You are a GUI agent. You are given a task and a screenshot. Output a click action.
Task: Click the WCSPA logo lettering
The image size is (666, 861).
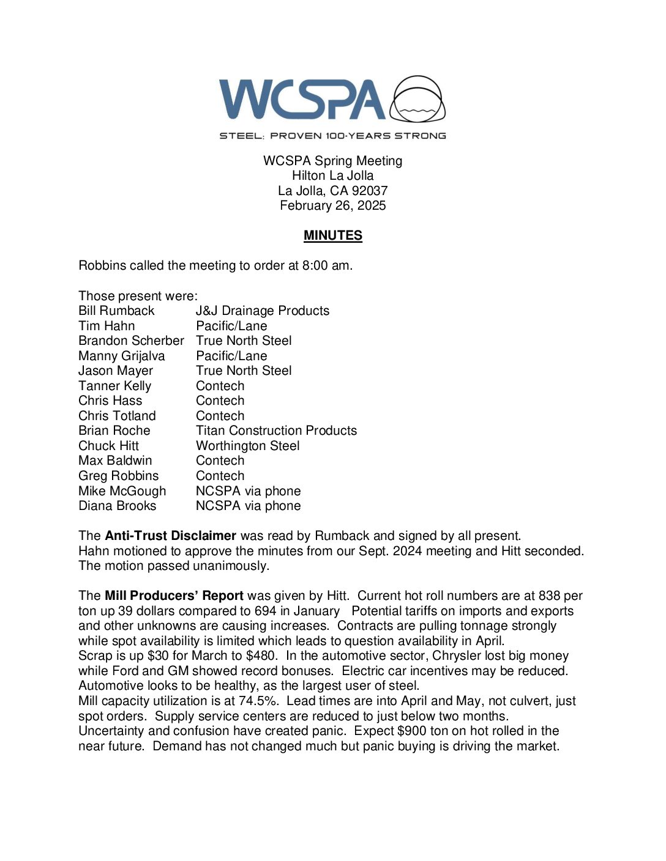click(x=302, y=99)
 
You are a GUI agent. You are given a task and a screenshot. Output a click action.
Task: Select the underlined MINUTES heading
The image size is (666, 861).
click(x=333, y=235)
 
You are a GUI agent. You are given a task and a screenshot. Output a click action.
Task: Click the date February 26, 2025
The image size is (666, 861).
click(x=333, y=205)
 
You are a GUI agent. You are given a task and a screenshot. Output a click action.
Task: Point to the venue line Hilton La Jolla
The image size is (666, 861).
click(x=333, y=176)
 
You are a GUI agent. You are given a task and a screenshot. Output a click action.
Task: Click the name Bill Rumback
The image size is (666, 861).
click(x=116, y=311)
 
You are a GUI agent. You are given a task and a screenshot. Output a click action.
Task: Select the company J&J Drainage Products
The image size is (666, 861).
click(x=263, y=311)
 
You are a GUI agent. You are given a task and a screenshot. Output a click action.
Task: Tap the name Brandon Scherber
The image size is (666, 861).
click(x=131, y=341)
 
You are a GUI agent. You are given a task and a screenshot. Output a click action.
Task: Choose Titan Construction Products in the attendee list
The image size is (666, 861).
click(x=276, y=430)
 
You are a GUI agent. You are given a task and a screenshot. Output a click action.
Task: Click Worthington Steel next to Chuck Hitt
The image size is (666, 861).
click(x=248, y=446)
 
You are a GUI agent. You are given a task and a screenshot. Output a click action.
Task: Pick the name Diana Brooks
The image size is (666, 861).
click(x=118, y=506)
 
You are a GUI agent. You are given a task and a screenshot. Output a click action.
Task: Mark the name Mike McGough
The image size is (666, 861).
click(x=122, y=491)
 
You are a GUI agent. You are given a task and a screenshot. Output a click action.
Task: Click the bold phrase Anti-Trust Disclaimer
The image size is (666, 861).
click(x=170, y=536)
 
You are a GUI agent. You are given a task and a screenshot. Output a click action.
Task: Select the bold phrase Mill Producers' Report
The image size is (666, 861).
click(x=174, y=596)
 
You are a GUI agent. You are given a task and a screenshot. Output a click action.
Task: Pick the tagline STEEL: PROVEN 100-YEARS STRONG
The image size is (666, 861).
click(x=333, y=136)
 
